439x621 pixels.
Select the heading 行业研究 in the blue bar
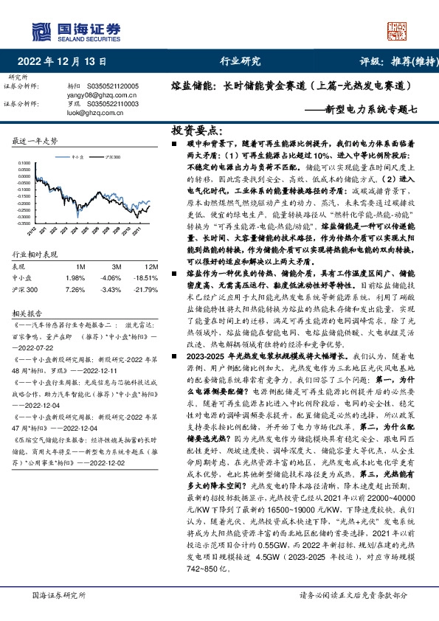click(241, 61)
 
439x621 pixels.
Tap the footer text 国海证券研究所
click(58, 596)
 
